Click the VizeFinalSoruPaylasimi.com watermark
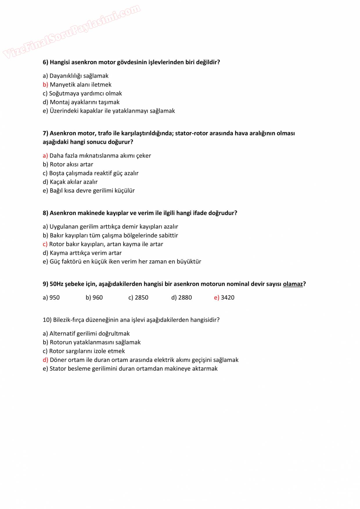[71, 31]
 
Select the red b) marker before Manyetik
[45, 85]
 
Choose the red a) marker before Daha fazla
[45, 156]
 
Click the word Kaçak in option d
[57, 182]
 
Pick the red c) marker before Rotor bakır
[45, 244]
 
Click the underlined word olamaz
[293, 284]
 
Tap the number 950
[55, 298]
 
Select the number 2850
[142, 298]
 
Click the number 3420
[228, 298]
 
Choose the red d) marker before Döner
[45, 360]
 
